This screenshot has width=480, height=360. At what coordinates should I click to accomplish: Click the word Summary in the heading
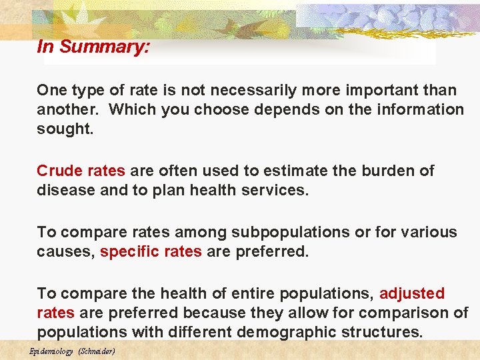110,47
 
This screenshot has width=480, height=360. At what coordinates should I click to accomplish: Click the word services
273,190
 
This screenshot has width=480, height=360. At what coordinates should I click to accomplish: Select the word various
427,232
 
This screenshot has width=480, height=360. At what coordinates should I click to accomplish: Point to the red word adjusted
412,293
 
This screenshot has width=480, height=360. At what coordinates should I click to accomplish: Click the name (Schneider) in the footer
97,351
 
